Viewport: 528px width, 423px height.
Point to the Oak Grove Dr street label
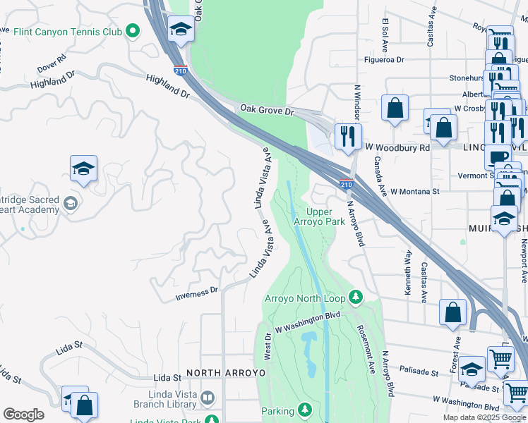tap(266, 111)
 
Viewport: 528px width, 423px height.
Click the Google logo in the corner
tap(23, 415)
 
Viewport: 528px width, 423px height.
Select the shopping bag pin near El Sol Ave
tap(395, 108)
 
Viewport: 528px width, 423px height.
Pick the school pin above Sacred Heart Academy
tap(83, 168)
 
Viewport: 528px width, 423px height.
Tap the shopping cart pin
tap(500, 358)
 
